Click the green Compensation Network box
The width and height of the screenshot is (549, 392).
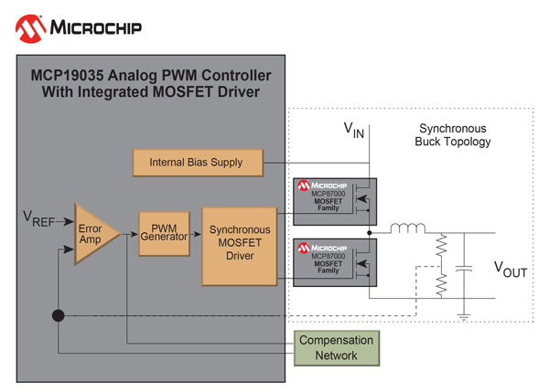337,347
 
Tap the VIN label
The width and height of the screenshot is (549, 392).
353,130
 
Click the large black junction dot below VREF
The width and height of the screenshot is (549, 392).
59,316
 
